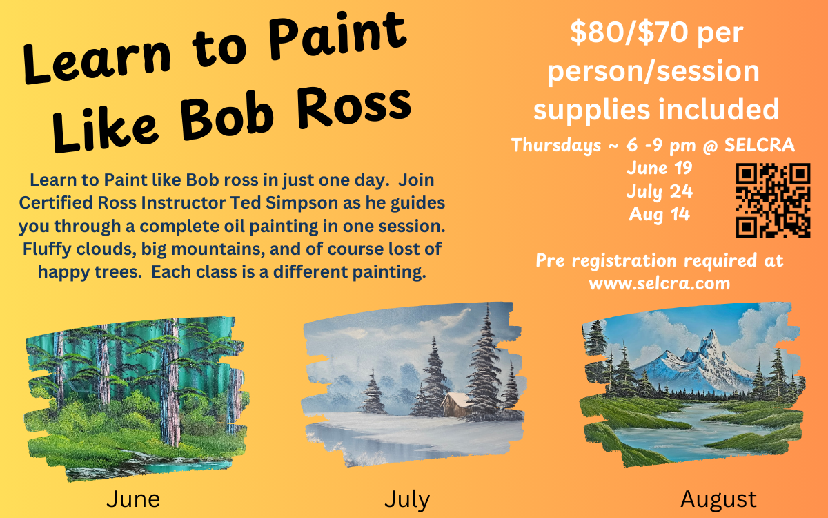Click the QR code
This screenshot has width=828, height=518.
click(773, 200)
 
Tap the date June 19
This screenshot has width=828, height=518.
click(660, 168)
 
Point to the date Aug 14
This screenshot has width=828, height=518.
click(660, 215)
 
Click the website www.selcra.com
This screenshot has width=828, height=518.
click(660, 284)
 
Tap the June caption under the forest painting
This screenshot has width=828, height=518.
click(133, 499)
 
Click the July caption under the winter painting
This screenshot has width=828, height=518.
click(407, 500)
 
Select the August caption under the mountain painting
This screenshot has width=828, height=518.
click(718, 500)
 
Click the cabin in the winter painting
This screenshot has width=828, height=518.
click(455, 405)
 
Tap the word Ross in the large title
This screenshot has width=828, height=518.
click(354, 108)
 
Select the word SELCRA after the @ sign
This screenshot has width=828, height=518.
click(760, 144)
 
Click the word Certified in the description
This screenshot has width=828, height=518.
click(56, 203)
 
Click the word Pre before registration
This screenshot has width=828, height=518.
click(550, 260)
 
